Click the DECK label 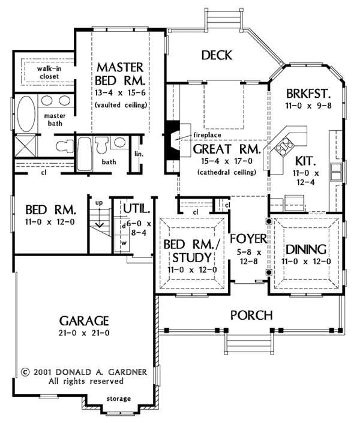(217, 55)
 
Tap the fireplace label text (207, 135)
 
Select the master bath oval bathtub (26, 114)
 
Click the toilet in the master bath (65, 146)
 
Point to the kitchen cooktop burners (284, 146)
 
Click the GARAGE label (84, 321)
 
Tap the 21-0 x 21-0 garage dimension (84, 333)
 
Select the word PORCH (251, 315)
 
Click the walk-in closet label (49, 72)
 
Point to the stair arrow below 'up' (100, 217)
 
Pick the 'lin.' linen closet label (139, 154)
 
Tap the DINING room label (306, 250)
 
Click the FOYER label (248, 239)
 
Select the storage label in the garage (119, 398)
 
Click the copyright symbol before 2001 (25, 372)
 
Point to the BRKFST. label (308, 94)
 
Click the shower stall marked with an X (25, 146)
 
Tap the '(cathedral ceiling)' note (227, 172)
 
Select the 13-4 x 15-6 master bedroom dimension (120, 93)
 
